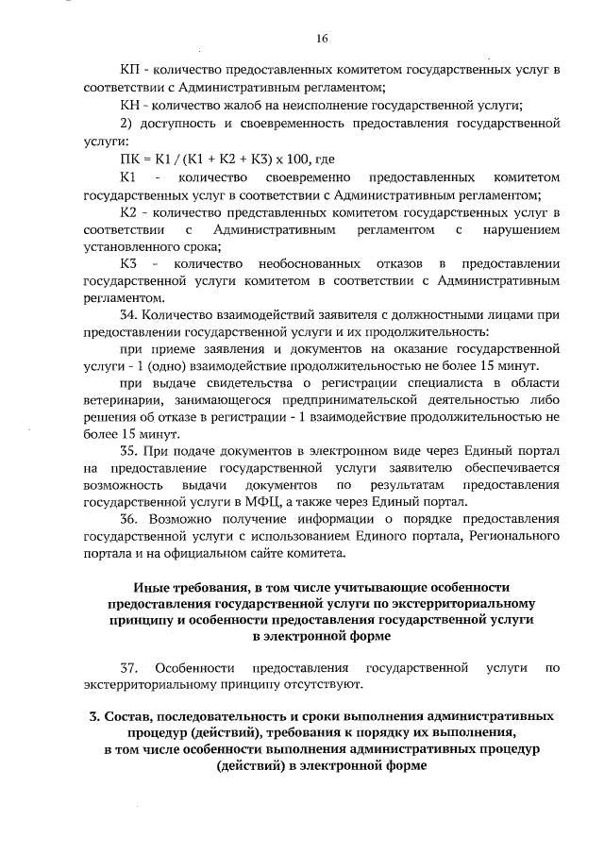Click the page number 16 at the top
pyautogui.click(x=322, y=39)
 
